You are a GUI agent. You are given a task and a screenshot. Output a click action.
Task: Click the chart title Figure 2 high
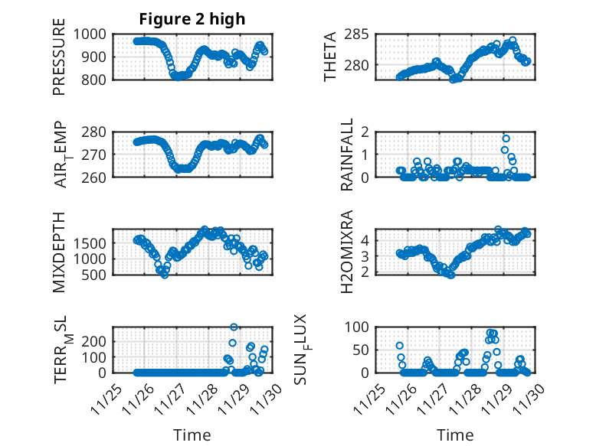(x=192, y=19)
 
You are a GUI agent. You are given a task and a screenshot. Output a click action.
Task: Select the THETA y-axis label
(x=330, y=57)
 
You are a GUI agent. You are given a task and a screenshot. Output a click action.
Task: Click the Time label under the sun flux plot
(x=455, y=435)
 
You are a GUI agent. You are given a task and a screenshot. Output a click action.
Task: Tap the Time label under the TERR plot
(x=192, y=435)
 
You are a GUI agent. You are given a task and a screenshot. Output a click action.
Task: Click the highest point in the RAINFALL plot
(x=506, y=138)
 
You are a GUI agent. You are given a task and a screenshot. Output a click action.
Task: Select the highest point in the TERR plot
(x=234, y=327)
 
